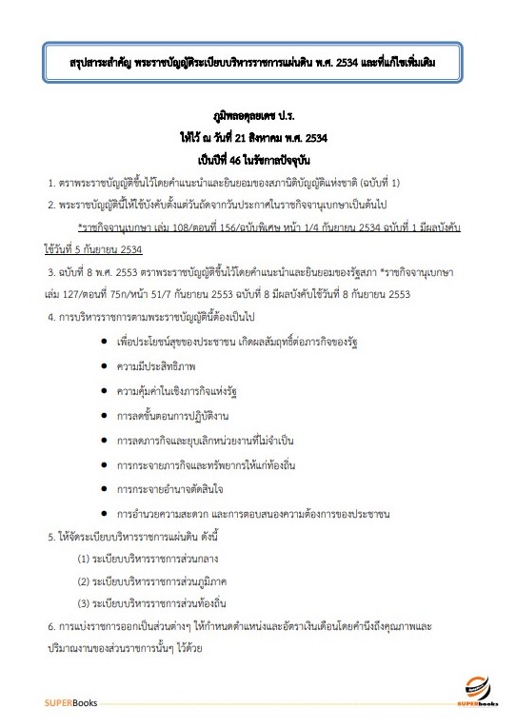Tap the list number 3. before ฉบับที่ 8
(52, 271)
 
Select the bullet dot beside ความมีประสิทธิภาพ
(102, 365)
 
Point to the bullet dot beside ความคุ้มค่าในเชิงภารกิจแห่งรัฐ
(102, 390)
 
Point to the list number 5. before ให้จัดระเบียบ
(52, 537)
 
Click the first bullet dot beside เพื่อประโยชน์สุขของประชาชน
(102, 340)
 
